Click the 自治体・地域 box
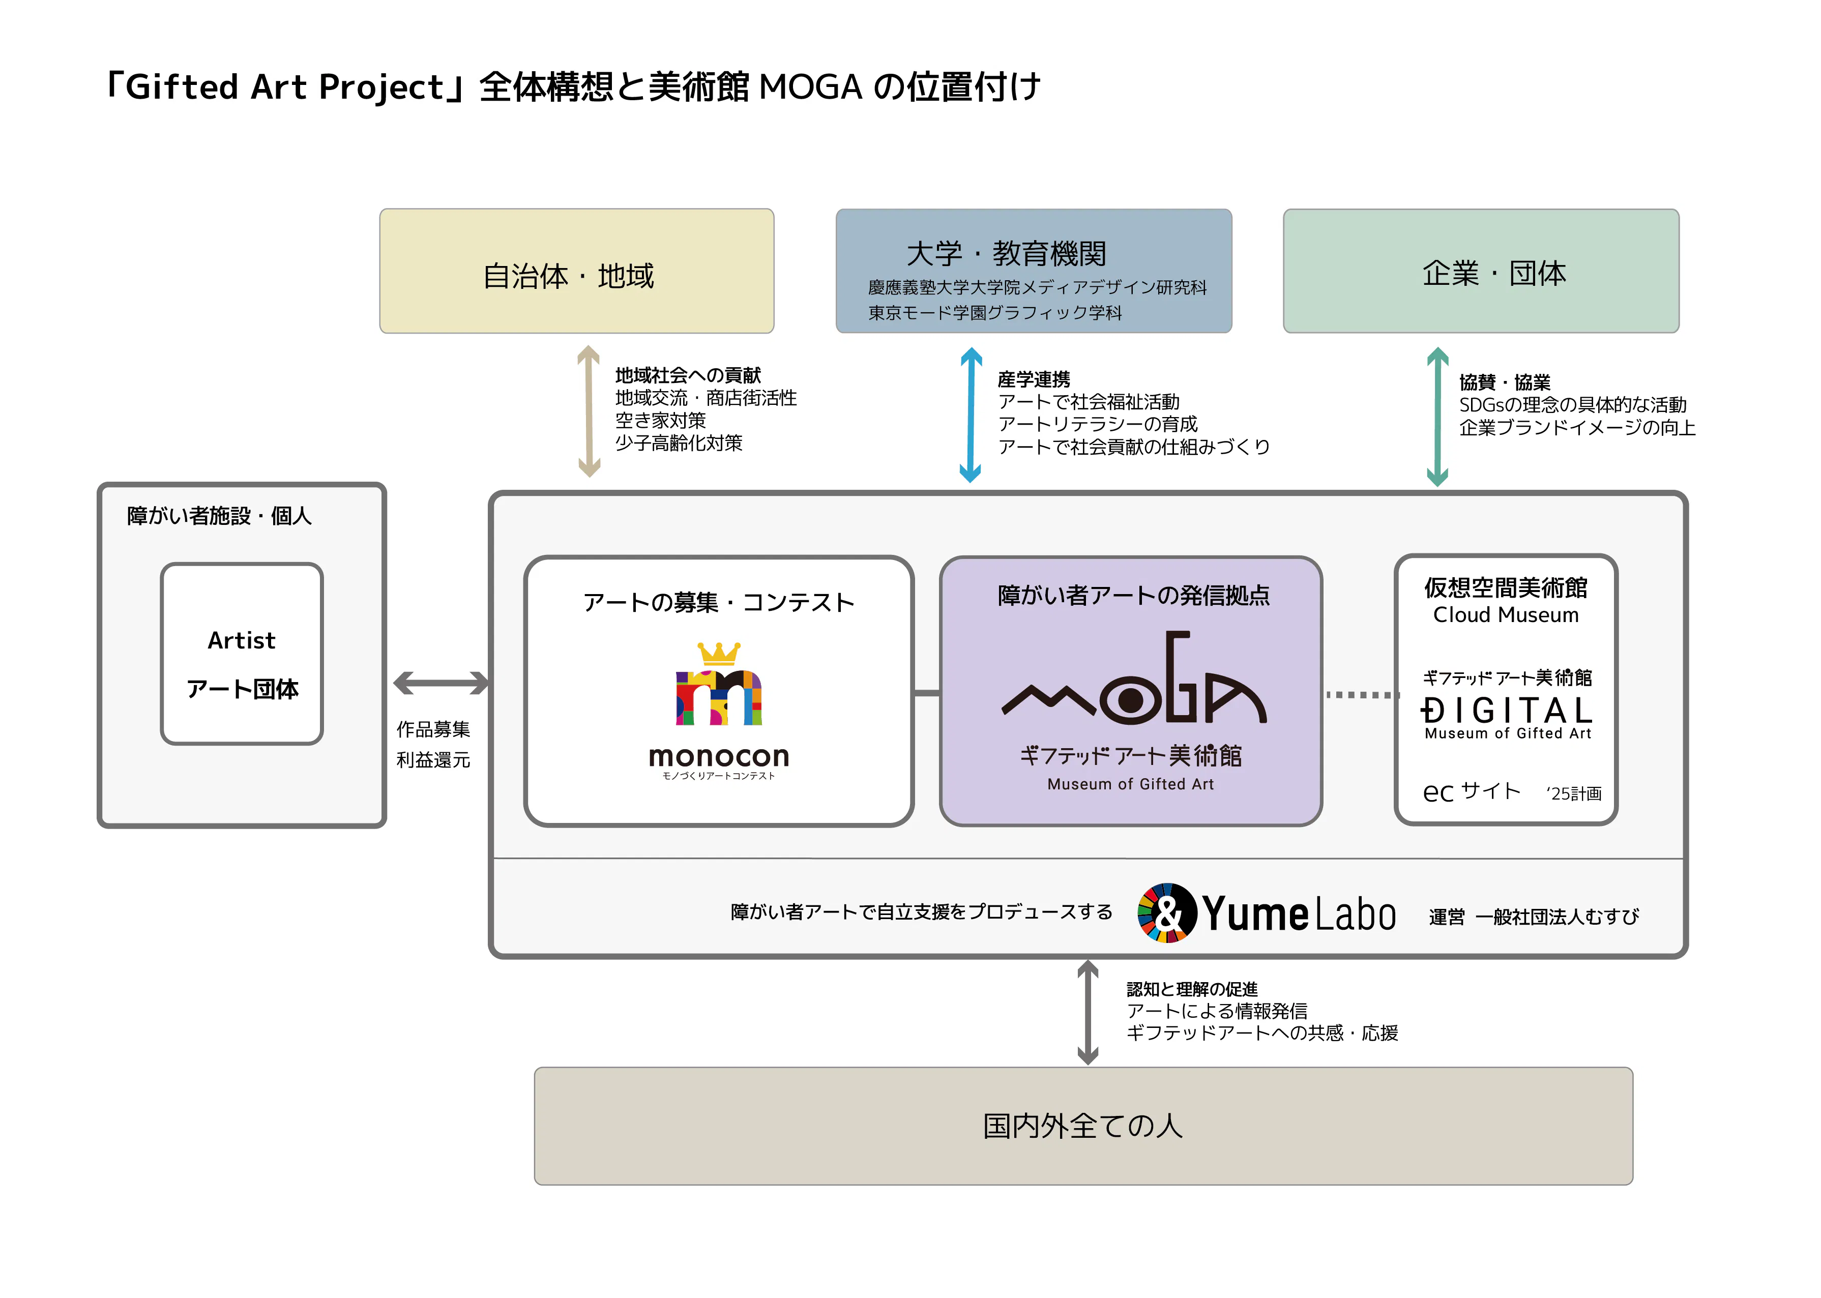click(x=576, y=271)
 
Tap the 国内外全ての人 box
click(x=1082, y=1126)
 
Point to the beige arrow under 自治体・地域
click(x=589, y=411)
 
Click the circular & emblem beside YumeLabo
click(x=1166, y=913)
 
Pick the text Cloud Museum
click(x=1505, y=614)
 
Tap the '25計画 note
click(x=1573, y=793)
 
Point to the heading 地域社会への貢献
click(x=688, y=375)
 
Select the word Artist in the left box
click(x=242, y=640)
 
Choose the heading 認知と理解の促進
click(x=1192, y=989)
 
